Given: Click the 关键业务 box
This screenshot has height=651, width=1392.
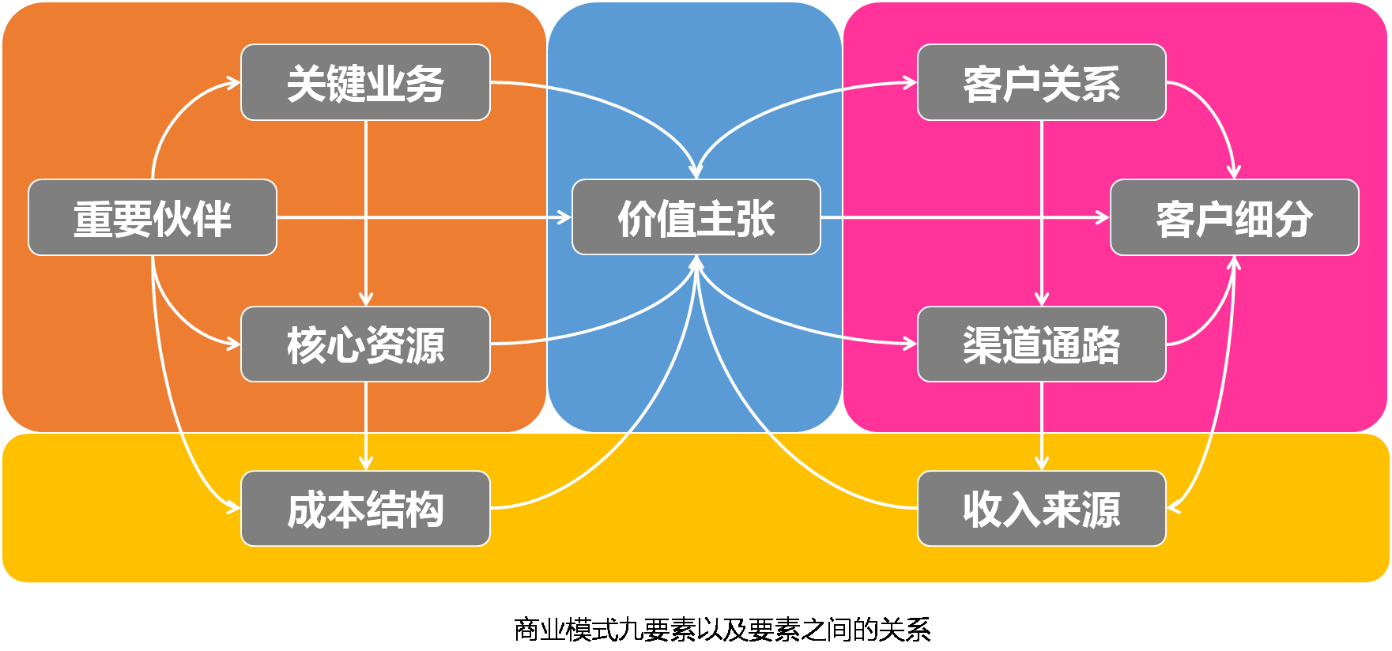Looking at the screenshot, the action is pos(365,82).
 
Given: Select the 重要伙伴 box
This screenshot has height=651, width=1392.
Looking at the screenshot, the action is pos(153,217).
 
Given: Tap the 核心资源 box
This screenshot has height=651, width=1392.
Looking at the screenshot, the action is pos(365,344).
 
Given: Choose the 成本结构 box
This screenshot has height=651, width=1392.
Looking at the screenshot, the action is pos(365,509).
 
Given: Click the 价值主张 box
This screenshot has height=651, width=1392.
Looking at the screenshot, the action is pos(696,217).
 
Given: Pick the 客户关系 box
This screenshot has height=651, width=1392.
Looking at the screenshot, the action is pos(1041,82).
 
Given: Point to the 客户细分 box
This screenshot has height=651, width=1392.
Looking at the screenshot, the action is pos(1234,217).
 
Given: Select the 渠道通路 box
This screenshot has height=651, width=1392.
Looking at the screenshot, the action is pos(1041,344).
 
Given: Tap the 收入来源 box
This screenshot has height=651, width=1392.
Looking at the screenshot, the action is pos(1041,509).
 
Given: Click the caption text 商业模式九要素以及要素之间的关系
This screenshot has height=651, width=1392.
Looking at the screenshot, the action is pos(722,630).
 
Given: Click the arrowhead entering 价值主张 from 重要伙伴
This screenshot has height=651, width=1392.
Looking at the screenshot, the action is pos(565,217).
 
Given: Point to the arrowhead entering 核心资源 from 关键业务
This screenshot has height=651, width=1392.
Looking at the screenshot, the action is pos(365,300).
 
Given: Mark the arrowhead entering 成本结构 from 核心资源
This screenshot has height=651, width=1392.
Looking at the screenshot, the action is pos(365,465).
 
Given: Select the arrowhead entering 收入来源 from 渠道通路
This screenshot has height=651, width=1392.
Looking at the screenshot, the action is pos(1041,465).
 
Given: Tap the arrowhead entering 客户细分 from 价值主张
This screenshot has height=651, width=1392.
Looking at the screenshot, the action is pos(1104,217).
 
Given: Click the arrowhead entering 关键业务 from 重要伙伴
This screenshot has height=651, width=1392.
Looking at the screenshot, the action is pos(235,82).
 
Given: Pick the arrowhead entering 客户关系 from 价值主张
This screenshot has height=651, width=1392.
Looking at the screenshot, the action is pos(911,82).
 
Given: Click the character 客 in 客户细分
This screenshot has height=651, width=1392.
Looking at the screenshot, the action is pos(1175,219).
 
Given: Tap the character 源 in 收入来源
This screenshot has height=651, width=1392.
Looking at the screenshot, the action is pos(1100,510).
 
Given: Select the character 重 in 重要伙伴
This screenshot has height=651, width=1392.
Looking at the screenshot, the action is pos(93,219).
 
